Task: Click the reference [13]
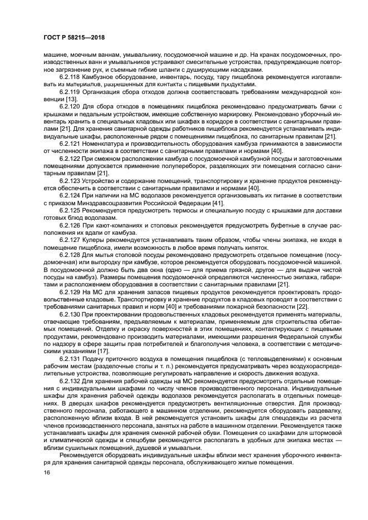point(76,98)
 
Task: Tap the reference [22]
point(302,306)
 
